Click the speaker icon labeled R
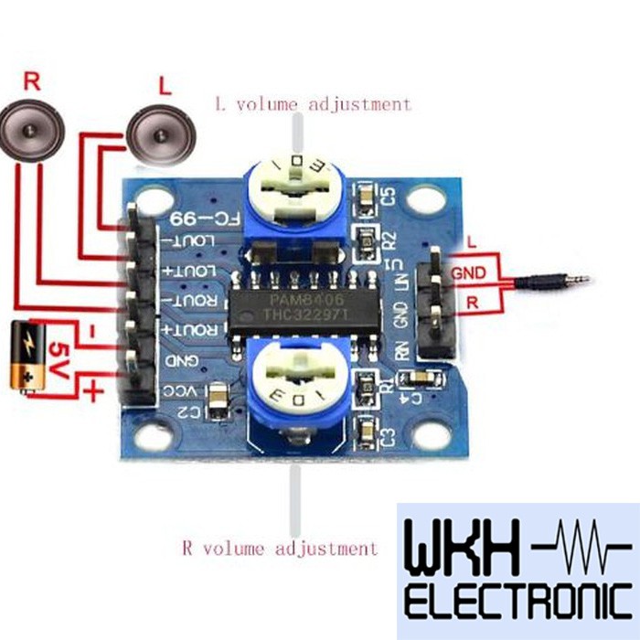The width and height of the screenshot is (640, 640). (x=34, y=133)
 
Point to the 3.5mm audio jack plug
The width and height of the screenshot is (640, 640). (x=549, y=281)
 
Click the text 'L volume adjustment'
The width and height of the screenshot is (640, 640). (x=313, y=104)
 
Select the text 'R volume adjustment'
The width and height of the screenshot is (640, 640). (x=279, y=549)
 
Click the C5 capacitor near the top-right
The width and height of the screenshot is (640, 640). (x=368, y=195)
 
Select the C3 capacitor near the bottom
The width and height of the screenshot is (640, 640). (x=368, y=430)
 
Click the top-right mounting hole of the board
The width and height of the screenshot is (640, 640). (x=424, y=197)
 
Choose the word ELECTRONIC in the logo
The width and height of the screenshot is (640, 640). (x=517, y=603)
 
